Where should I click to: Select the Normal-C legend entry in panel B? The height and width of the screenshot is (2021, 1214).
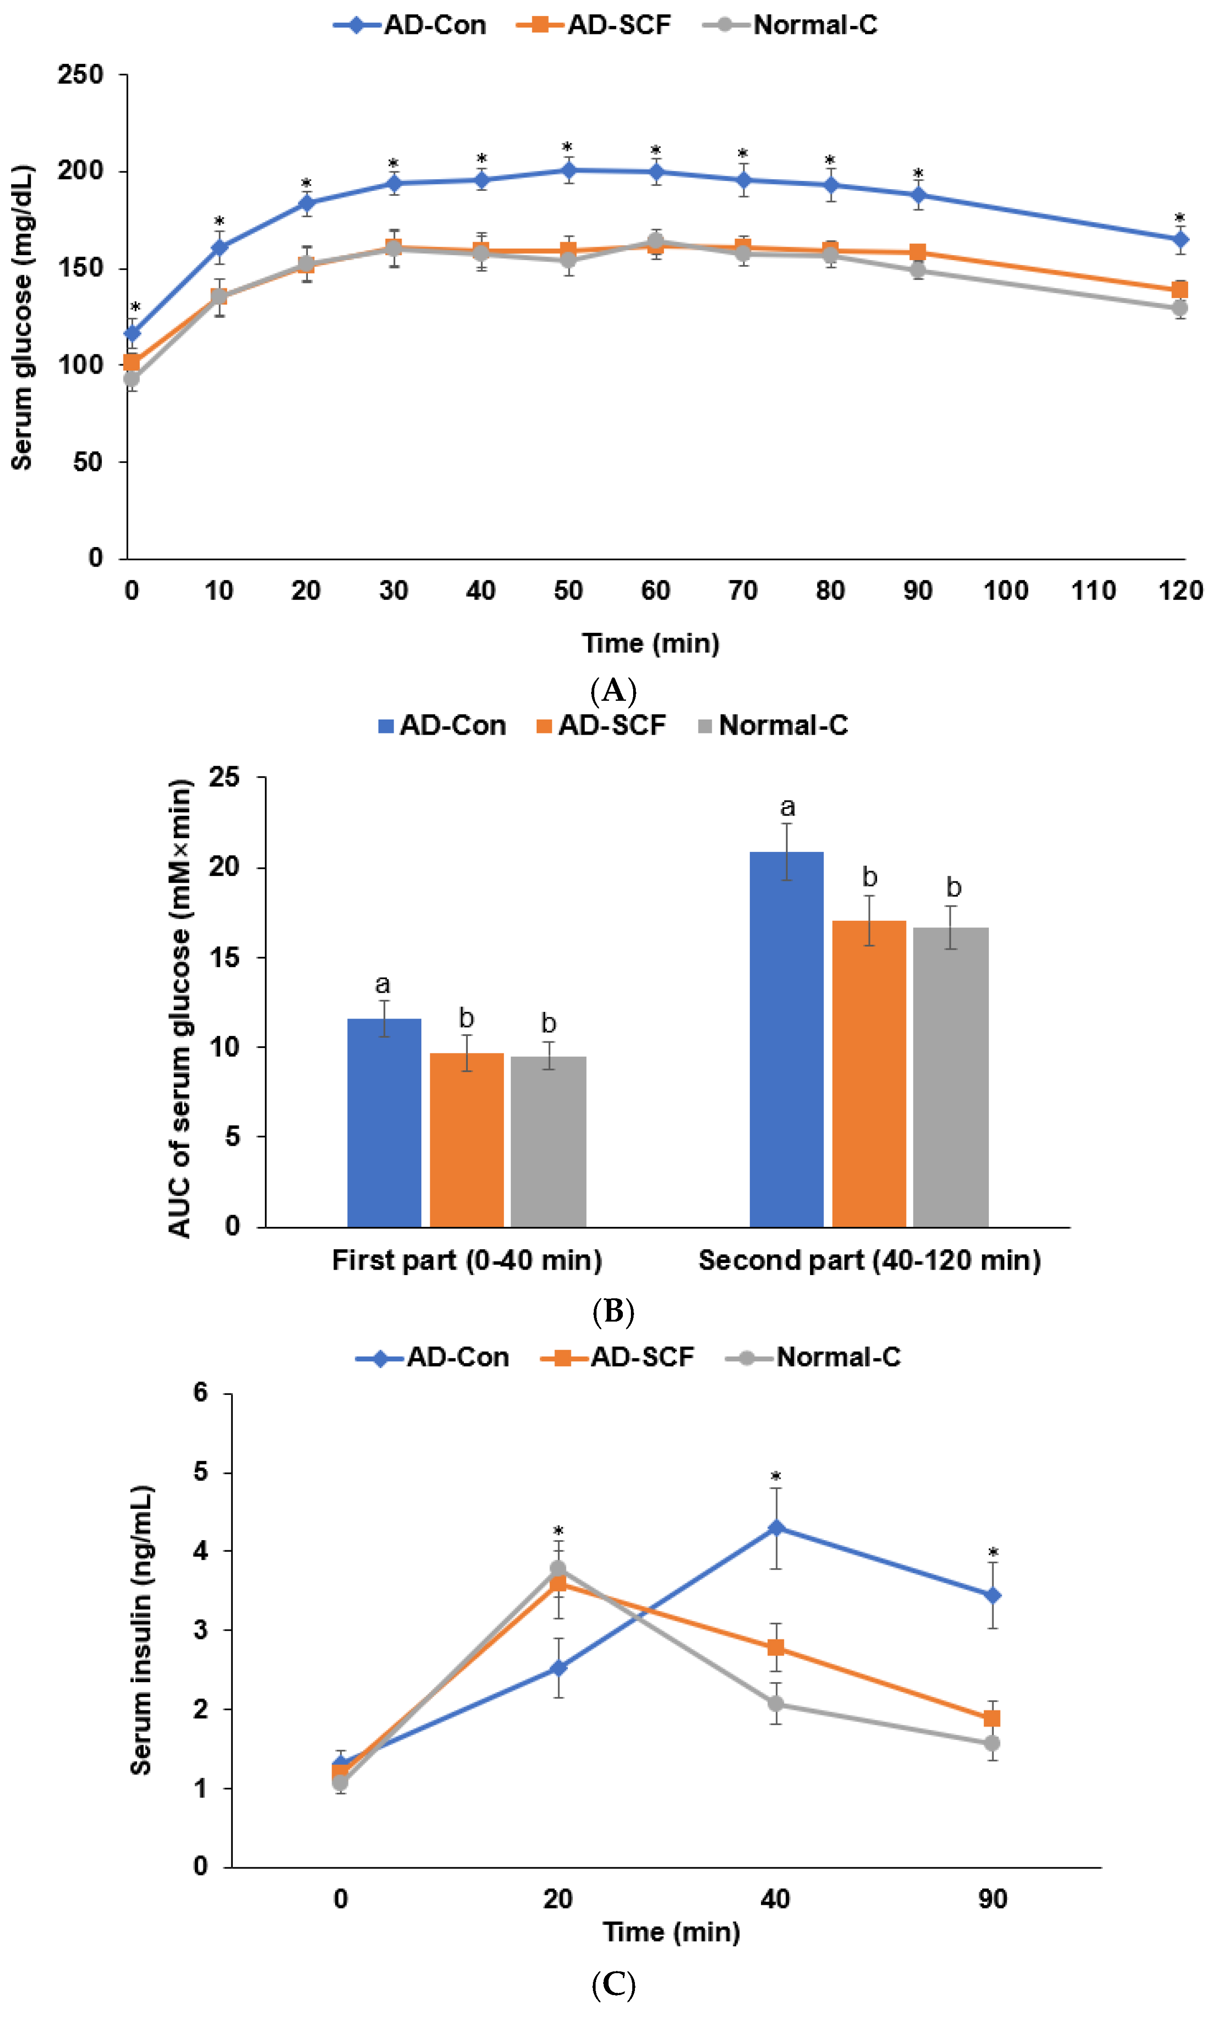coord(773,725)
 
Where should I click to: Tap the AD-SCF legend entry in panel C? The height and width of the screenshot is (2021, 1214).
coord(618,1357)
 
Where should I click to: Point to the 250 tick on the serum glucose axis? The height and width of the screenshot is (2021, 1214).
coord(80,75)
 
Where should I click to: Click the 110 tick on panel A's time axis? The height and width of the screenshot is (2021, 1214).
coord(1093,590)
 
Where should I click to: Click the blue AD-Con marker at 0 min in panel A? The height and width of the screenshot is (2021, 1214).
coord(132,333)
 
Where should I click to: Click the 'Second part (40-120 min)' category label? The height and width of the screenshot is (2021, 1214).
coord(869,1260)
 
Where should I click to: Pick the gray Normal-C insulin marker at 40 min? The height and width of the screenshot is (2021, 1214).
coord(776,1704)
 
